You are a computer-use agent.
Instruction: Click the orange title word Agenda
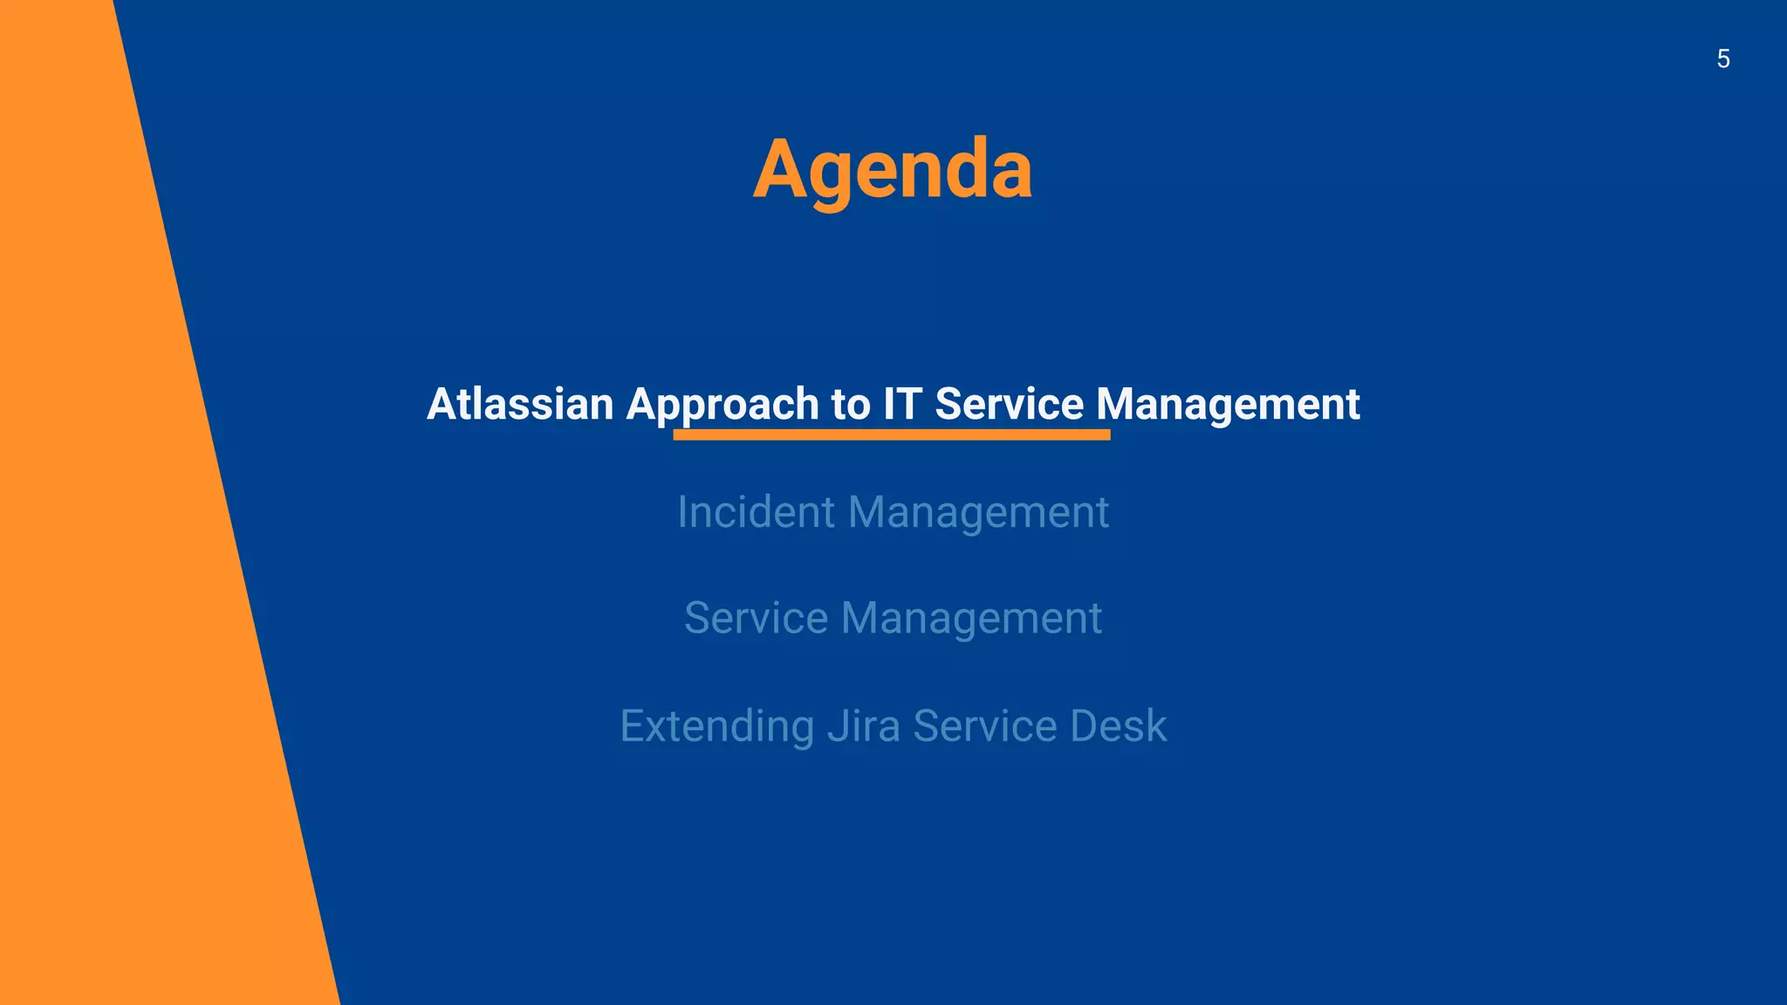pyautogui.click(x=893, y=169)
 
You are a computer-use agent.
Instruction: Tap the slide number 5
pyautogui.click(x=1723, y=59)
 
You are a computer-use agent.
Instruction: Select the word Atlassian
pyautogui.click(x=520, y=404)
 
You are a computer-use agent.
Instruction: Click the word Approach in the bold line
pyautogui.click(x=722, y=404)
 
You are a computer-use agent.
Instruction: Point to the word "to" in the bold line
pyautogui.click(x=850, y=404)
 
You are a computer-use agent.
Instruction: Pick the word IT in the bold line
pyautogui.click(x=902, y=404)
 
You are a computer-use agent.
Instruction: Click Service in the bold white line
pyautogui.click(x=1009, y=404)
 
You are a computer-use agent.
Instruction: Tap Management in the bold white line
pyautogui.click(x=1228, y=404)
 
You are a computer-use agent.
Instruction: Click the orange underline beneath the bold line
pyautogui.click(x=891, y=434)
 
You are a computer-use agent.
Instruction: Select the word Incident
pyautogui.click(x=757, y=511)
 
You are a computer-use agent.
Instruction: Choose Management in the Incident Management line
pyautogui.click(x=978, y=511)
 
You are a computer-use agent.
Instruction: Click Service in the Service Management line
pyautogui.click(x=756, y=618)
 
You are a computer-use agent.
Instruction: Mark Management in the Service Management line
pyautogui.click(x=971, y=618)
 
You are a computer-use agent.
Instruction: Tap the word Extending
pyautogui.click(x=716, y=726)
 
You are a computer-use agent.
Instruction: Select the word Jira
pyautogui.click(x=864, y=726)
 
